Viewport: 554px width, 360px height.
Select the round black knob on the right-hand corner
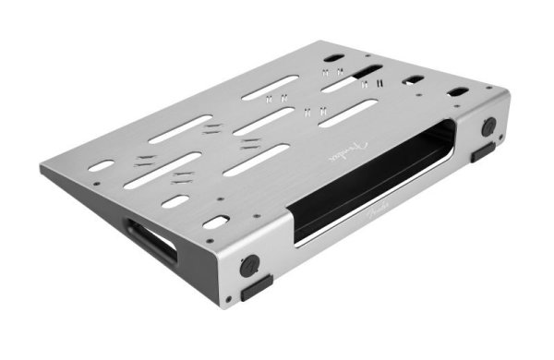coord(488,126)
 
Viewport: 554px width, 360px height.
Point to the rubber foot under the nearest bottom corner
coord(258,285)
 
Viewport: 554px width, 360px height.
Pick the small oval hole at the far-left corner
coord(102,166)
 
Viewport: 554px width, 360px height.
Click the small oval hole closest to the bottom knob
coord(215,222)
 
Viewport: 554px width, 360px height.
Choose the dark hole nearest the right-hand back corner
coord(458,91)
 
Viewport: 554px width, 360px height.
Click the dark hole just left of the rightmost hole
coord(412,80)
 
